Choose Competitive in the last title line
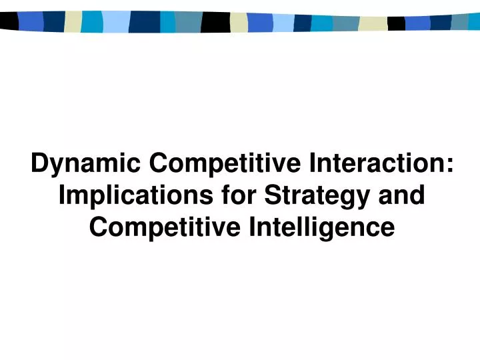click(x=165, y=227)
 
